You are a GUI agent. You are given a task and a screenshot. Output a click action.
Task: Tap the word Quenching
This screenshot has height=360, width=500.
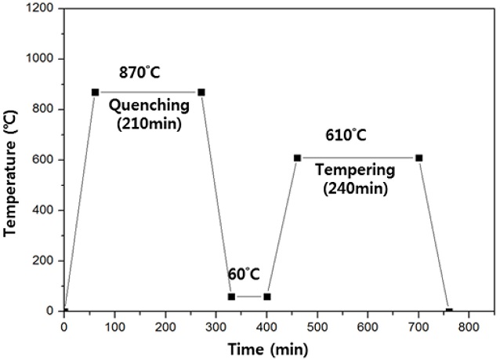click(x=148, y=105)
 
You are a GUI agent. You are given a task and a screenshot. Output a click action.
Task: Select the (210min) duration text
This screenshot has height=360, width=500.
click(x=148, y=122)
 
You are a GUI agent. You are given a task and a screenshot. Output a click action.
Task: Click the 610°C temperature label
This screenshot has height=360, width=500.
click(x=346, y=136)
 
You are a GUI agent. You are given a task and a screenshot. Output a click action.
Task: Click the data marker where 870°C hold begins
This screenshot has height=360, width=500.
click(x=95, y=92)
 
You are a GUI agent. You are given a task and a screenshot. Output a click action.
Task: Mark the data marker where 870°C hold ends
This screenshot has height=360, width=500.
click(x=201, y=92)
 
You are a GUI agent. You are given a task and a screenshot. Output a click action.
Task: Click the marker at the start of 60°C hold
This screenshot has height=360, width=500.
click(x=231, y=296)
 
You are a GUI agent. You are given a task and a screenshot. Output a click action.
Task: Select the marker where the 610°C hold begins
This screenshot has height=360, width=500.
click(x=297, y=158)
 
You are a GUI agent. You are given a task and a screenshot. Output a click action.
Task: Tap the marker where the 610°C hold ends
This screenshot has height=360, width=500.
click(x=418, y=158)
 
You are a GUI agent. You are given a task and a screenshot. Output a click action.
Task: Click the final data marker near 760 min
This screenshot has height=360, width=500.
click(x=449, y=311)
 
